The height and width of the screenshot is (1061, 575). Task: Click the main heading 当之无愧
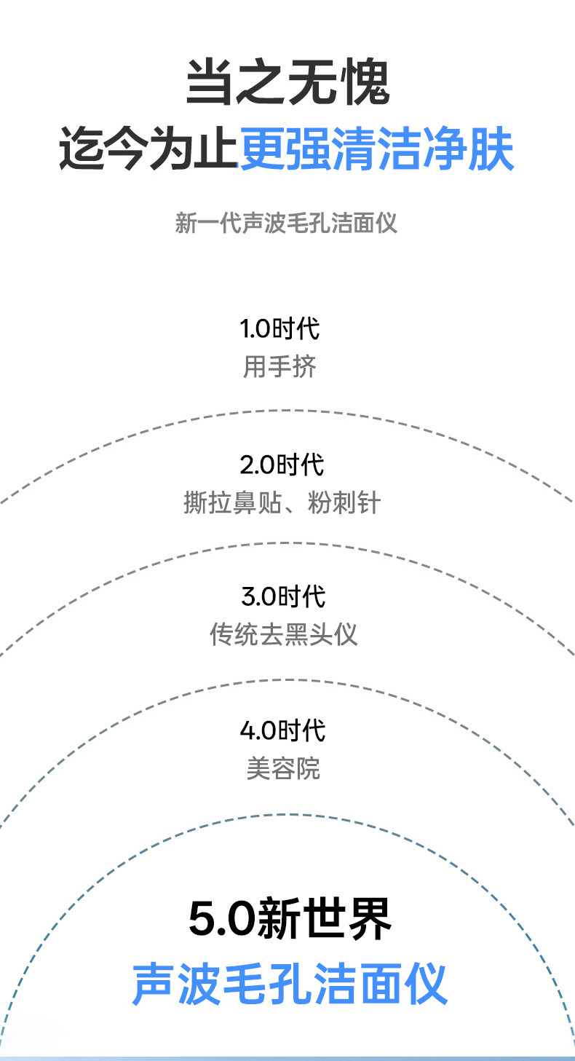(287, 82)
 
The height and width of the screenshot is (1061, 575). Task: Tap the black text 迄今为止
(148, 149)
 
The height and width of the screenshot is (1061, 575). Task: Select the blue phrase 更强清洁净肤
(376, 149)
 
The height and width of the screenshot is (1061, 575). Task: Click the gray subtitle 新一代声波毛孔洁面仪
(287, 222)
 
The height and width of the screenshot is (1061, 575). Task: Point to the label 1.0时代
(280, 328)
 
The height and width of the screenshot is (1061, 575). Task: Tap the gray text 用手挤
(280, 367)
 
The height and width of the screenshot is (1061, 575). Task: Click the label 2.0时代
(282, 465)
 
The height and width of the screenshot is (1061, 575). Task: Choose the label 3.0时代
(283, 596)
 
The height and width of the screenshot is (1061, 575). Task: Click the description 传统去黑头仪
(284, 634)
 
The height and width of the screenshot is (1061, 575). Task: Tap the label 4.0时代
(283, 730)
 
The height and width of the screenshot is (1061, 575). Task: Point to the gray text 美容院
(283, 768)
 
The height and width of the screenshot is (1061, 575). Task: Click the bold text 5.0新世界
(290, 919)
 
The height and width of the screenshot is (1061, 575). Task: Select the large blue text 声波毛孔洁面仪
(289, 984)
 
